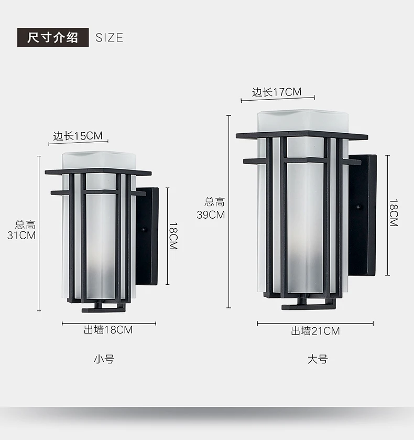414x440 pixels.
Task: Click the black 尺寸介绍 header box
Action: coord(53,38)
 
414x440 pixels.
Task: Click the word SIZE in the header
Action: coord(110,38)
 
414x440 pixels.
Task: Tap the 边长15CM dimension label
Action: coord(78,136)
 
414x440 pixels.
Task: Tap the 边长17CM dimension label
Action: coord(277,92)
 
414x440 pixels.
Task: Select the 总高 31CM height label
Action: coord(25,230)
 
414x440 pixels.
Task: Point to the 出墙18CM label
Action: coord(108,330)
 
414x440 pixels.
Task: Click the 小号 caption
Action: coord(104,359)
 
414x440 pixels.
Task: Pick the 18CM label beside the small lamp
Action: coord(173,236)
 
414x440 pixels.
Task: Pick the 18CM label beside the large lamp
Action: coord(394,212)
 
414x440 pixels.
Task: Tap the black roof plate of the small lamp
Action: coord(98,171)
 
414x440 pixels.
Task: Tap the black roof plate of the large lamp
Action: coord(301,135)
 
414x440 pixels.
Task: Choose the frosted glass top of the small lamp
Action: coord(99,159)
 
